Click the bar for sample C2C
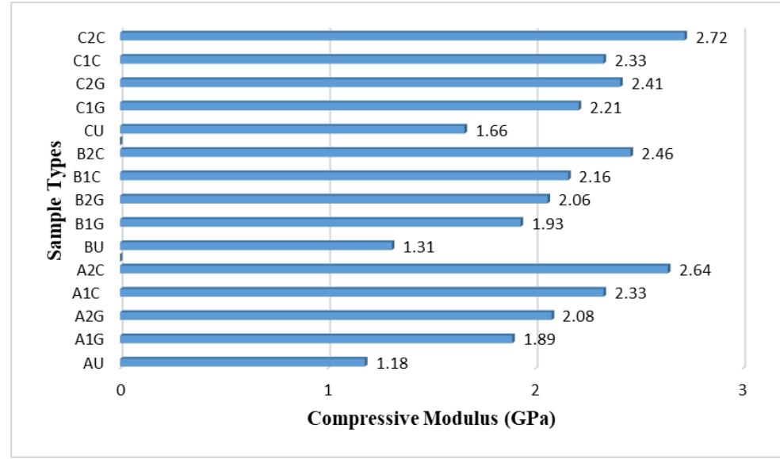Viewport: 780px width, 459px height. [x=403, y=36]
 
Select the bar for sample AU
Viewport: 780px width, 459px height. [x=243, y=362]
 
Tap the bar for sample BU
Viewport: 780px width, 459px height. [x=257, y=246]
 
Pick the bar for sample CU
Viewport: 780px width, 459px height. [x=293, y=129]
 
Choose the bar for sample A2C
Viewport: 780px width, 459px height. [x=395, y=269]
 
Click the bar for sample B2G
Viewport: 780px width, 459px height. [x=335, y=199]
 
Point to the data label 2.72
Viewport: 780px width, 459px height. [x=711, y=37]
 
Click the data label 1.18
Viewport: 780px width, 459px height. [x=392, y=364]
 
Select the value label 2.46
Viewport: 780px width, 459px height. [x=657, y=154]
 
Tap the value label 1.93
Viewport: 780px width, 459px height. [x=548, y=224]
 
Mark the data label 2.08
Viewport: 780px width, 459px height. [x=579, y=317]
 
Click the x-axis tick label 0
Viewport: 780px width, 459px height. [x=120, y=390]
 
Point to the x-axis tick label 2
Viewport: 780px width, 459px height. [x=536, y=390]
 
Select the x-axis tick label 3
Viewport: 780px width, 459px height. [x=744, y=390]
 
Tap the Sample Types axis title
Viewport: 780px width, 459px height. [x=55, y=200]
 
